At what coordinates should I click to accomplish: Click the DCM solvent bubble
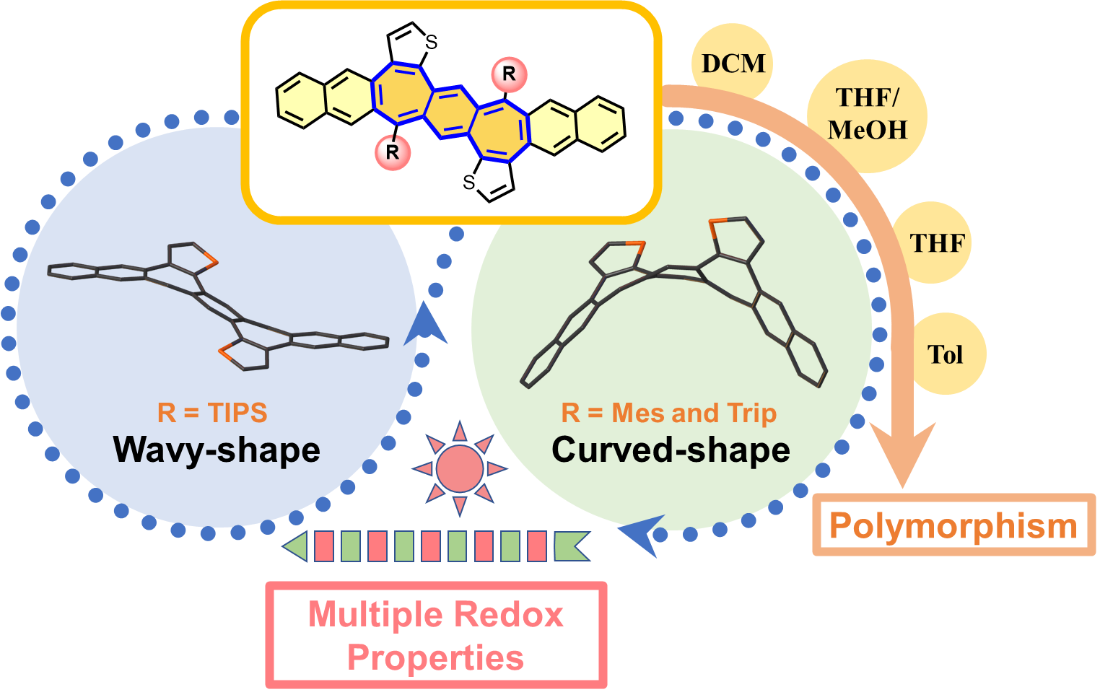[733, 63]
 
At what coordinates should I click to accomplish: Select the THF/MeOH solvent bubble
[868, 116]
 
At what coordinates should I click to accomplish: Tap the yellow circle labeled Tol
[946, 354]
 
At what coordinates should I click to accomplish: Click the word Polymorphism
[953, 526]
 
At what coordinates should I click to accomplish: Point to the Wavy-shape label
[217, 450]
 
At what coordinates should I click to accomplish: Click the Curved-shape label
[671, 450]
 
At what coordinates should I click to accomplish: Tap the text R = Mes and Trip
[669, 413]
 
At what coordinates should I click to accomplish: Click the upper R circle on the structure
[510, 74]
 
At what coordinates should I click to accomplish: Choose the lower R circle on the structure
[393, 153]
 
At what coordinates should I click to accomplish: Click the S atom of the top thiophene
[431, 42]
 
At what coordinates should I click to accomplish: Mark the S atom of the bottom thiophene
[469, 183]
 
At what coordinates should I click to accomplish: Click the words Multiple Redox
[436, 615]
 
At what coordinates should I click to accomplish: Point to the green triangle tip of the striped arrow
[284, 546]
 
